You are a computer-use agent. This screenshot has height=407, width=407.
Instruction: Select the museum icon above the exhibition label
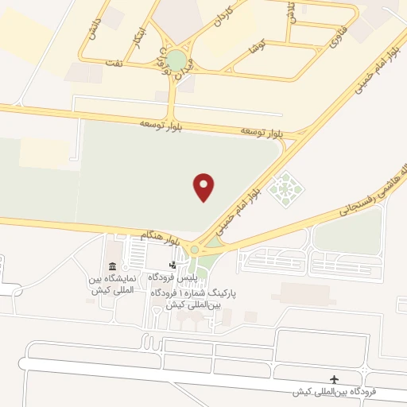(112, 266)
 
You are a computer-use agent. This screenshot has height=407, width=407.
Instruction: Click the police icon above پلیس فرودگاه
(172, 265)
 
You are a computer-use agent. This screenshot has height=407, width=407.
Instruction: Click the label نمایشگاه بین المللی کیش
(113, 285)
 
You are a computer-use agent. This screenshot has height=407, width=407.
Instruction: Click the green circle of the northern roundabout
(176, 60)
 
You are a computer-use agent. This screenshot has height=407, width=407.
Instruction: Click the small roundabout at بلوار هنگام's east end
(194, 251)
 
